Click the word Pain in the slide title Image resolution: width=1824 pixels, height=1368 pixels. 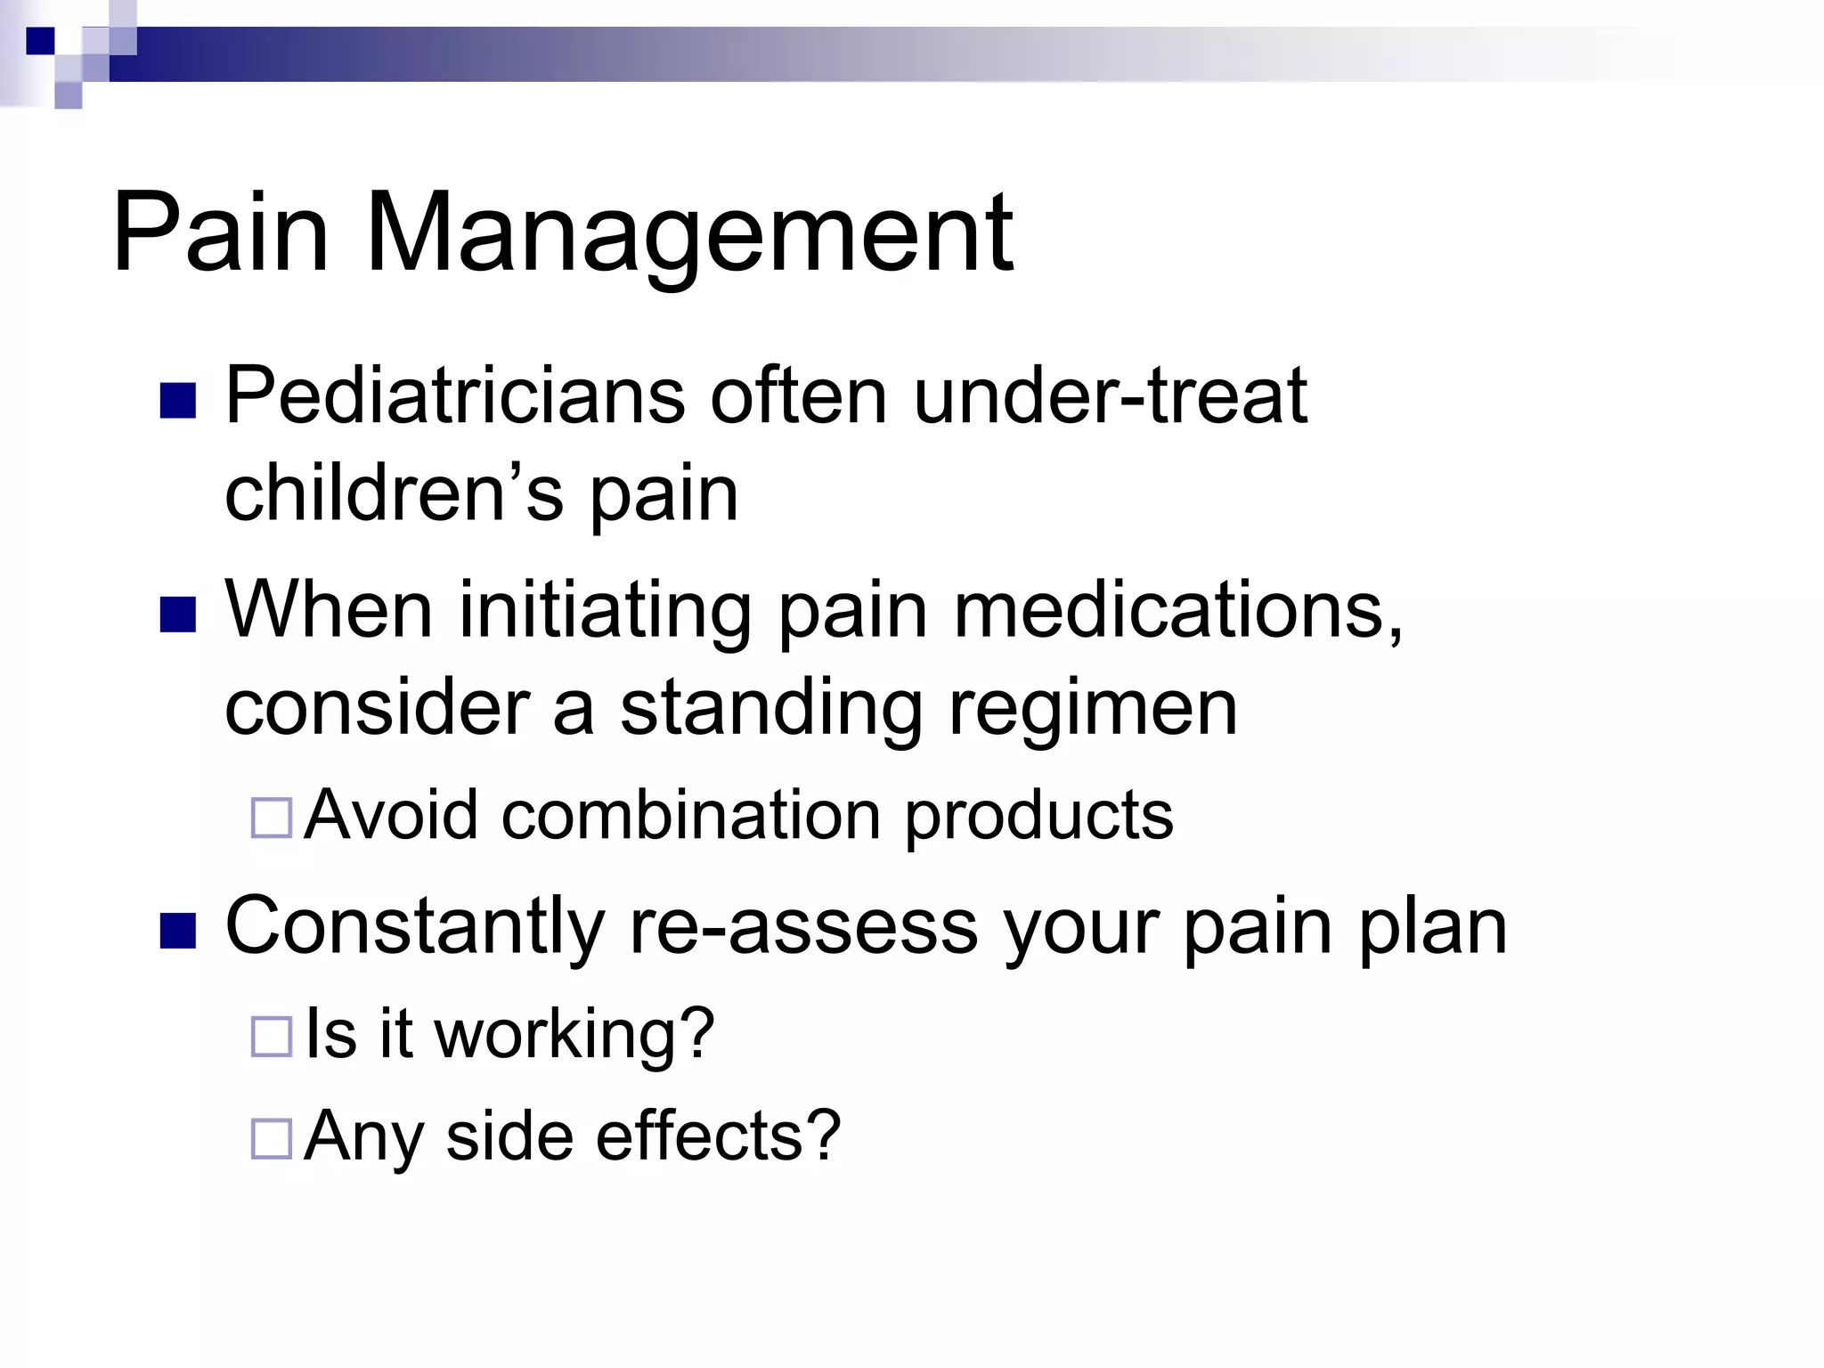coord(220,233)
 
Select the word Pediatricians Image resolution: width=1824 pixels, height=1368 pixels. coord(454,396)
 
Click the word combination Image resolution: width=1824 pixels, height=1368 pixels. coord(691,815)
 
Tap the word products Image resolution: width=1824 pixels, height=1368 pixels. coord(1038,817)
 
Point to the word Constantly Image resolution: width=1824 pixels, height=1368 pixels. coord(415,926)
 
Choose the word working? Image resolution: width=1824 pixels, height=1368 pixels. coord(574,1035)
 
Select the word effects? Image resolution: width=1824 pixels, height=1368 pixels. coord(718,1136)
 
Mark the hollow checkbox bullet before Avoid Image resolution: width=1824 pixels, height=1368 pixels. coord(272,818)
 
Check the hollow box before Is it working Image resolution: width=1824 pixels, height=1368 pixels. coord(272,1037)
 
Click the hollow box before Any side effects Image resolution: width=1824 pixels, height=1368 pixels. coord(272,1138)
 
